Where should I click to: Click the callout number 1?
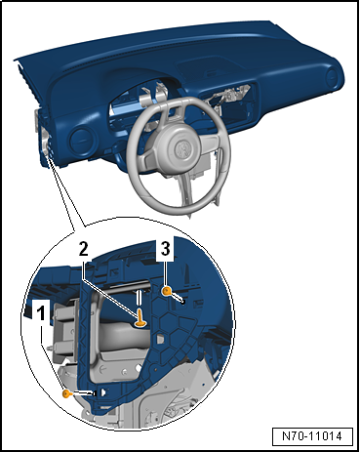pyautogui.click(x=41, y=314)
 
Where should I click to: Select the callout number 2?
pyautogui.click(x=83, y=250)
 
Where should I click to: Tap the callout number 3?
pyautogui.click(x=166, y=249)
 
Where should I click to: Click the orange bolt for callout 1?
pyautogui.click(x=67, y=394)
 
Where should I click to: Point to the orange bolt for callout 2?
pyautogui.click(x=140, y=318)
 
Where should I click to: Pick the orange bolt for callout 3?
pyautogui.click(x=167, y=291)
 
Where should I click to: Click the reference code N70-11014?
pyautogui.click(x=312, y=435)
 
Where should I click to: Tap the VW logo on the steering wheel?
pyautogui.click(x=182, y=148)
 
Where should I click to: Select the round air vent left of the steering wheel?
pyautogui.click(x=83, y=141)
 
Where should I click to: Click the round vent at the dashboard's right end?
pyautogui.click(x=333, y=78)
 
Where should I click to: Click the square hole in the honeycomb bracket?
pyautogui.click(x=160, y=339)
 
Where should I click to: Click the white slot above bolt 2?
pyautogui.click(x=140, y=297)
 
